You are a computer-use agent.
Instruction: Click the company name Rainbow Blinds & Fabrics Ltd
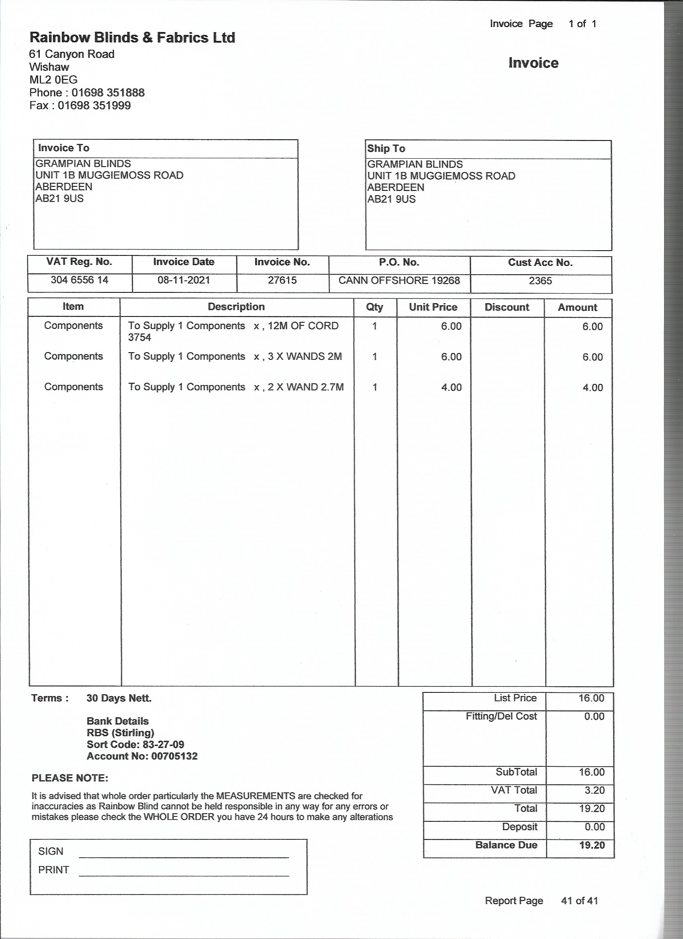(132, 38)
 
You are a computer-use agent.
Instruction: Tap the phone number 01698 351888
(108, 92)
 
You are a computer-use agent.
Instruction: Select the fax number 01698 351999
(94, 105)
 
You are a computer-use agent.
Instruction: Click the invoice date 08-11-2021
(184, 280)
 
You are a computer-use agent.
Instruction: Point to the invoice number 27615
(282, 280)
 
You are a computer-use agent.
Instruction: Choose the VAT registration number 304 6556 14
(80, 280)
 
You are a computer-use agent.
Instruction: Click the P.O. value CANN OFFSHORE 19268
(399, 280)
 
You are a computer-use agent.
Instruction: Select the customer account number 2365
(540, 281)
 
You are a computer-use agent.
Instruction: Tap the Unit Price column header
(433, 307)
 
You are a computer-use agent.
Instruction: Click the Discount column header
(507, 307)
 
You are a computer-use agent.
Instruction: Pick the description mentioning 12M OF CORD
(233, 331)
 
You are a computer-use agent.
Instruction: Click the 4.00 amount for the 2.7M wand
(592, 388)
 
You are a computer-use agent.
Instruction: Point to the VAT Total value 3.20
(594, 790)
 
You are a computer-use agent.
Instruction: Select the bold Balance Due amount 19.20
(592, 845)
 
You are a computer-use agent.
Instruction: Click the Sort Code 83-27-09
(163, 744)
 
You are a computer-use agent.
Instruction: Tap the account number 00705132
(174, 756)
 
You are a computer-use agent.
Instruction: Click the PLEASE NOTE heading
(70, 778)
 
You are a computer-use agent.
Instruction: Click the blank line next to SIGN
(184, 854)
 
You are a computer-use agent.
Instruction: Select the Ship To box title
(386, 148)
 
